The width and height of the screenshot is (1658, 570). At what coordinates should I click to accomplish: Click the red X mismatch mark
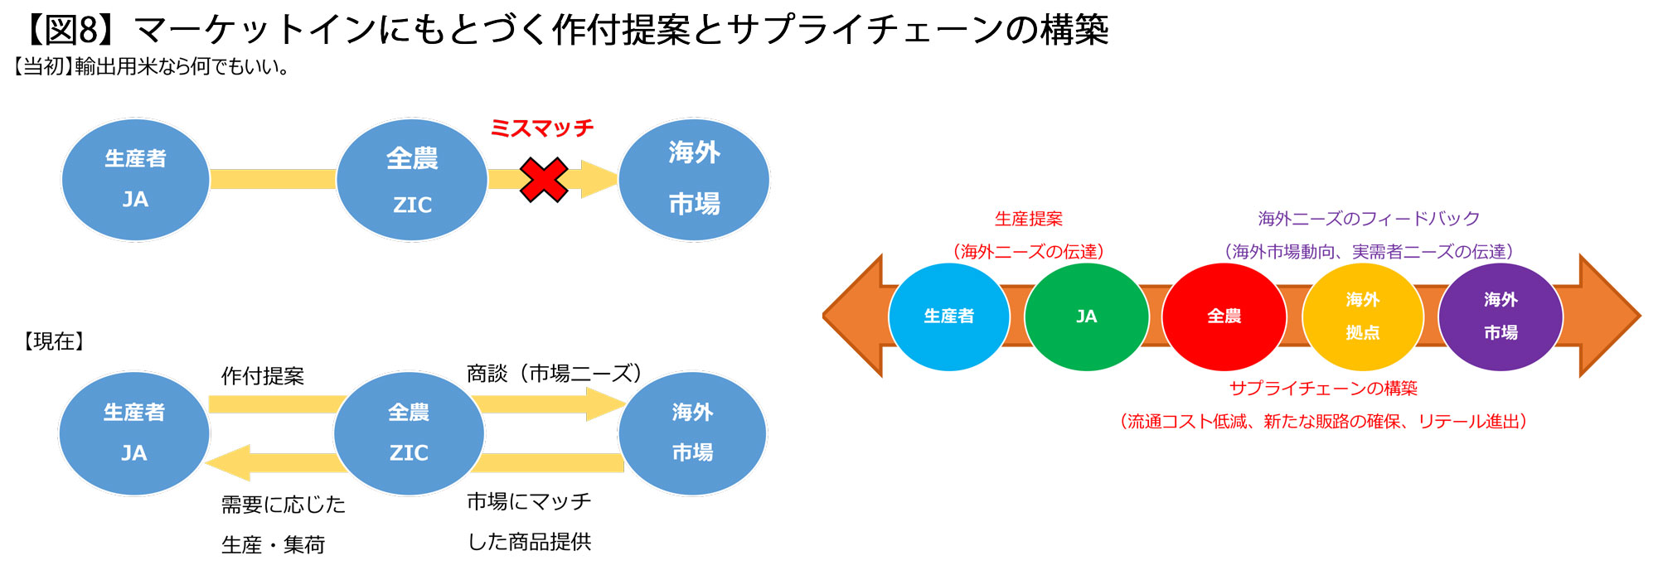pos(544,180)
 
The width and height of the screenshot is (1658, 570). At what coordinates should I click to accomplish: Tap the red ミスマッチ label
pos(542,128)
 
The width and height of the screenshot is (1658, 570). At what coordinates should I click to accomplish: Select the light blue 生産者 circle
pos(948,316)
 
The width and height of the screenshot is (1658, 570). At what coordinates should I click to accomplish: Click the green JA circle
pos(1086,316)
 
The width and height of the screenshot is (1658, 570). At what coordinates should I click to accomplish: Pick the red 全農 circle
pos(1224,316)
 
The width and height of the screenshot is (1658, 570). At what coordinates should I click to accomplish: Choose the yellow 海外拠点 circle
pos(1362,316)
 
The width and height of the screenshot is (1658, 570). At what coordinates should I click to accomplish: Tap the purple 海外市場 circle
pos(1500,316)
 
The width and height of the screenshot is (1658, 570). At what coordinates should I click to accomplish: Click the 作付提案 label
pos(263,376)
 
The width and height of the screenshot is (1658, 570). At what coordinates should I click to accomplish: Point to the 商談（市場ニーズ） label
pos(554,374)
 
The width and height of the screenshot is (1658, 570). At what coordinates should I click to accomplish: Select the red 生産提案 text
pos(1028,219)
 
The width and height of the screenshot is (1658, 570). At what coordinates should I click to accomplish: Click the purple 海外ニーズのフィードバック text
pos(1369,219)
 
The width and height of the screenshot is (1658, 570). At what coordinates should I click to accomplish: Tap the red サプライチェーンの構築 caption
pos(1323,388)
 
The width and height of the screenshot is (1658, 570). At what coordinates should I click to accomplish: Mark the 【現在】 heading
pos(54,341)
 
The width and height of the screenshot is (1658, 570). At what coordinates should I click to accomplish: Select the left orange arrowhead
pos(854,316)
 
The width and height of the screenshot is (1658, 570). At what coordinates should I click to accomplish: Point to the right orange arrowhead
pos(1608,316)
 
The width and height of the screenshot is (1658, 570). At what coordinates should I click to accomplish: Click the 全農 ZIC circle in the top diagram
pos(412,180)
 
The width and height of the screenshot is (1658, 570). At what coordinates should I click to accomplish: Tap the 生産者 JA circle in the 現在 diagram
pos(134,432)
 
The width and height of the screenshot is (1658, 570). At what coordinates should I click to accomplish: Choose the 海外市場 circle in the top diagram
pos(694,180)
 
